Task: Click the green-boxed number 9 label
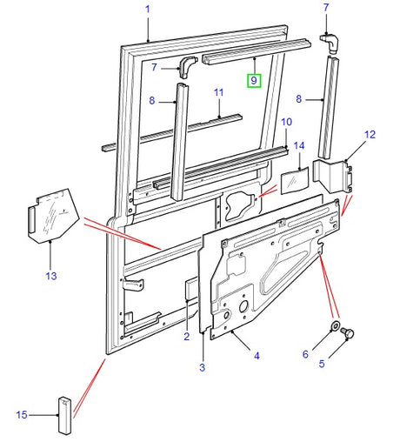254,81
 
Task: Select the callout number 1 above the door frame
148,10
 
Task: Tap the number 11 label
219,93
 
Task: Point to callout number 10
286,122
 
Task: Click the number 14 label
299,145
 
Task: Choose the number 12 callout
370,135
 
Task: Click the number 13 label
51,276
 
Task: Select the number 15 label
22,415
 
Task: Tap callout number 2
187,337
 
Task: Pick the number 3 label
203,367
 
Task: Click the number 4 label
257,356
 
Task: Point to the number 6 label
305,354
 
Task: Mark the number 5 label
322,364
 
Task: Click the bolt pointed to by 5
347,332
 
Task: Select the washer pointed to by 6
336,325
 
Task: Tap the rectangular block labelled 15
64,416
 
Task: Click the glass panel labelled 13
54,216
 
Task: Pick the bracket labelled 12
333,176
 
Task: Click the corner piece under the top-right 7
330,44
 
